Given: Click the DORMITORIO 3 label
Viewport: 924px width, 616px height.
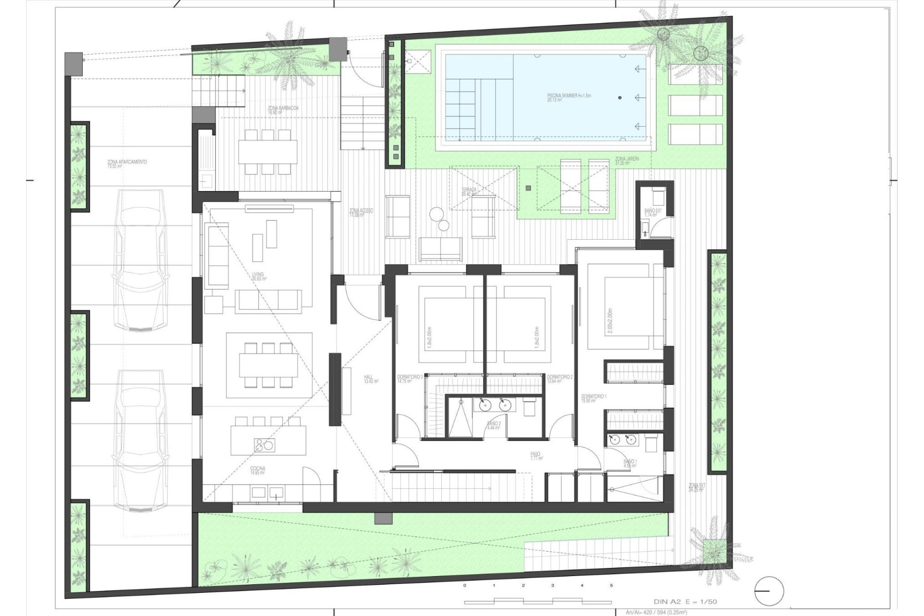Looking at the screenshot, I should [x=410, y=378].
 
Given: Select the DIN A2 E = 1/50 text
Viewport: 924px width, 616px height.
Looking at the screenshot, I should [x=686, y=602].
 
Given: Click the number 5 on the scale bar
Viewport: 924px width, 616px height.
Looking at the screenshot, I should [x=611, y=586].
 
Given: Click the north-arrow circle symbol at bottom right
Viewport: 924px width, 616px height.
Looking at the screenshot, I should [x=770, y=591].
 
